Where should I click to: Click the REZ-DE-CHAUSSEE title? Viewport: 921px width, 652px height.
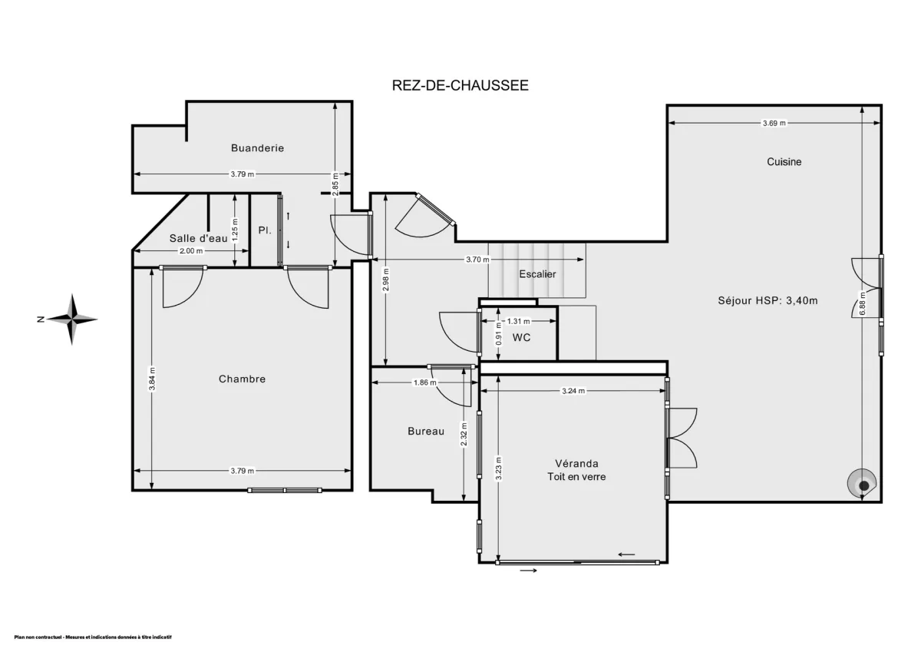coord(460,85)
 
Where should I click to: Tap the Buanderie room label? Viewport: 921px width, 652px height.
coord(257,147)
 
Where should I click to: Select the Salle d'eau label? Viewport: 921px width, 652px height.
coord(198,238)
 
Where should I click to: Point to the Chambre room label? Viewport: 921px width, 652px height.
coord(242,379)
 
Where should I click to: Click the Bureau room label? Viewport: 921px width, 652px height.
coord(425,432)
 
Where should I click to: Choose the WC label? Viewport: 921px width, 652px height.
coord(522,337)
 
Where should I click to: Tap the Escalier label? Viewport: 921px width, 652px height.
coord(537,274)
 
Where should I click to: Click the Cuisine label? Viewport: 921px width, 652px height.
coord(784,161)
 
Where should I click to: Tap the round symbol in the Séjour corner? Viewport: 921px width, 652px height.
coord(863,485)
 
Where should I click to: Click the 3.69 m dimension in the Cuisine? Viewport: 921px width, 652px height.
coord(774,123)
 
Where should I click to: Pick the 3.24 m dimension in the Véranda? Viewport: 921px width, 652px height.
coord(573,391)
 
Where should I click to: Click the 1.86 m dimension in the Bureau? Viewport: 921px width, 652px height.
coord(424,382)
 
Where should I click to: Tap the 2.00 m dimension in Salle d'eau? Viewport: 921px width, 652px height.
coord(190,251)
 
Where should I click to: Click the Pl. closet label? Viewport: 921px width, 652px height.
coord(264,230)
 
